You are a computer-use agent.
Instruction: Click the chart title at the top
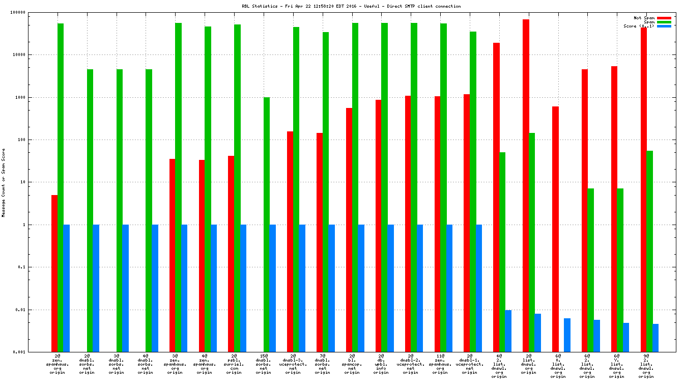[x=351, y=6]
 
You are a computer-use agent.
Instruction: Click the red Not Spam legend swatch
[x=664, y=18]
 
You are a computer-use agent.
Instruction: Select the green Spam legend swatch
[x=664, y=22]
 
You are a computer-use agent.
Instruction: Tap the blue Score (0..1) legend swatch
[x=664, y=26]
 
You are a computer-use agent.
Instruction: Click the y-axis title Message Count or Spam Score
[x=4, y=182]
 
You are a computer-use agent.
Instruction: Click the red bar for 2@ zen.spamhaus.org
[x=54, y=273]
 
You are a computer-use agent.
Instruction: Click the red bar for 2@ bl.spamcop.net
[x=349, y=230]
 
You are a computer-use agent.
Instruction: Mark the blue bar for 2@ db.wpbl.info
[x=391, y=288]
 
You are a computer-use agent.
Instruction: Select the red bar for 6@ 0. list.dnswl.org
[x=555, y=229]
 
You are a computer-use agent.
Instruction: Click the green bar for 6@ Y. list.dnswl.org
[x=620, y=270]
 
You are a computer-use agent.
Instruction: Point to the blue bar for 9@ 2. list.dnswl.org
[x=655, y=338]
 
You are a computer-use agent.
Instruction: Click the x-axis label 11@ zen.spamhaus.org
[x=440, y=364]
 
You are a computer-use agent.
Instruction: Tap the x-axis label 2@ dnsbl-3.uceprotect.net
[x=293, y=364]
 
